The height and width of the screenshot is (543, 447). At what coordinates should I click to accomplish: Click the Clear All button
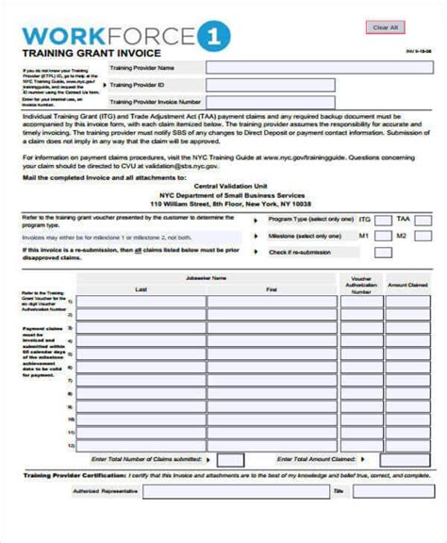[387, 27]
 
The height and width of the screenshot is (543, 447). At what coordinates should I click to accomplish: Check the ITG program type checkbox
[382, 218]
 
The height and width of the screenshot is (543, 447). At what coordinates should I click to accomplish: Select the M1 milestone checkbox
[382, 235]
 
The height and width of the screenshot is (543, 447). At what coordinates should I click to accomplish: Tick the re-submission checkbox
[382, 252]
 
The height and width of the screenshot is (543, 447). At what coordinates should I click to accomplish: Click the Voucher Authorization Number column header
[360, 286]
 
